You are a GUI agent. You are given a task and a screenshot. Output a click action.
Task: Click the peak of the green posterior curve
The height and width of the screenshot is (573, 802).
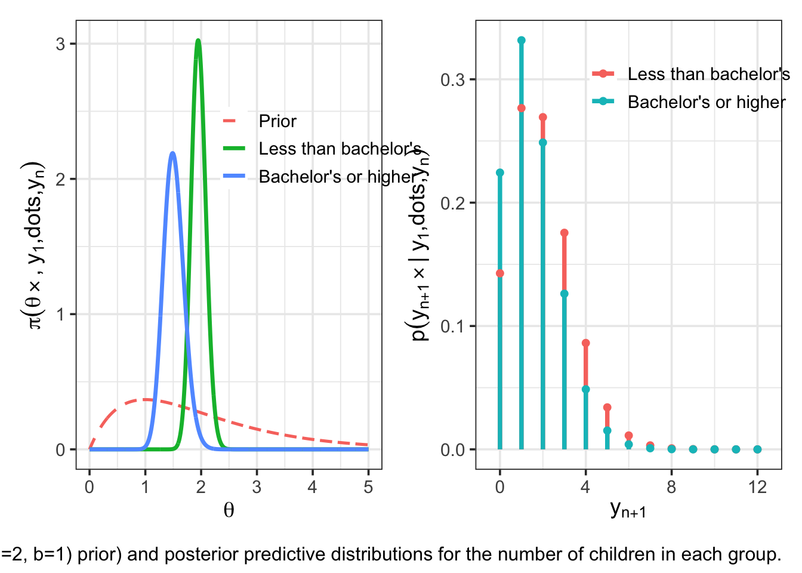click(198, 41)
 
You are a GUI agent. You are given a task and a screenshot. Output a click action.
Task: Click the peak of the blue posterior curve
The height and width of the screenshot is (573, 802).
click(172, 153)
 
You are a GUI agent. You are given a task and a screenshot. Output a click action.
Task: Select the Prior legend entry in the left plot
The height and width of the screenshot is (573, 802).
click(277, 121)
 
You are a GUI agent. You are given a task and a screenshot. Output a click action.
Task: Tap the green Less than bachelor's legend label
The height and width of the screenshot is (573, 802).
click(340, 149)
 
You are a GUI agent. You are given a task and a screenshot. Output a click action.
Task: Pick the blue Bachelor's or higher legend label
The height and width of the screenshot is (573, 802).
click(336, 177)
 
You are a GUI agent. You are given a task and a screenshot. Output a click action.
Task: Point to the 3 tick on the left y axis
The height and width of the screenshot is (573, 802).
click(60, 44)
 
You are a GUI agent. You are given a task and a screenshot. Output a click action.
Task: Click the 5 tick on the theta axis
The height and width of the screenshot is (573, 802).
click(368, 487)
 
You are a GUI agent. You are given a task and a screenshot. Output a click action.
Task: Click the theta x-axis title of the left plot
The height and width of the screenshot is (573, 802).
click(229, 510)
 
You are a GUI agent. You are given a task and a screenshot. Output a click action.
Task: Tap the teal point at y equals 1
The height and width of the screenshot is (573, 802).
click(522, 41)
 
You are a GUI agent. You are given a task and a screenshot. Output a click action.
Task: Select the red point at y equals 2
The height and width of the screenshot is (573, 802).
click(543, 118)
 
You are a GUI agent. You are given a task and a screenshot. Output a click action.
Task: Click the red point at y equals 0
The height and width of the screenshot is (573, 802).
click(500, 273)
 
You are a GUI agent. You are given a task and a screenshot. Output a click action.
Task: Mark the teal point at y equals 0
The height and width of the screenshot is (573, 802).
click(500, 172)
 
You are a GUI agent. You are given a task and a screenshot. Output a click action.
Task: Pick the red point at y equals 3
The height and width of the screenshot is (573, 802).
click(565, 233)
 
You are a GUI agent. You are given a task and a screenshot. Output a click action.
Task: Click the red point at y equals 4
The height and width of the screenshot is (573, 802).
click(586, 343)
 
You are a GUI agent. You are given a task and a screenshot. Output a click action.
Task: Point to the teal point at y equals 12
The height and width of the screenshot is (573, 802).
click(758, 449)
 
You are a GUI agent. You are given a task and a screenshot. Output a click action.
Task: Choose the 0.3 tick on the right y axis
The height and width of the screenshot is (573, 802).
click(452, 80)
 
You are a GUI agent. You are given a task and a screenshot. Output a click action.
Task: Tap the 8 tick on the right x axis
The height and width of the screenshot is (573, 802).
click(672, 487)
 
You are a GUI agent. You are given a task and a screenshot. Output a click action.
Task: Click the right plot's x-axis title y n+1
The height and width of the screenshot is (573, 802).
click(628, 510)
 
